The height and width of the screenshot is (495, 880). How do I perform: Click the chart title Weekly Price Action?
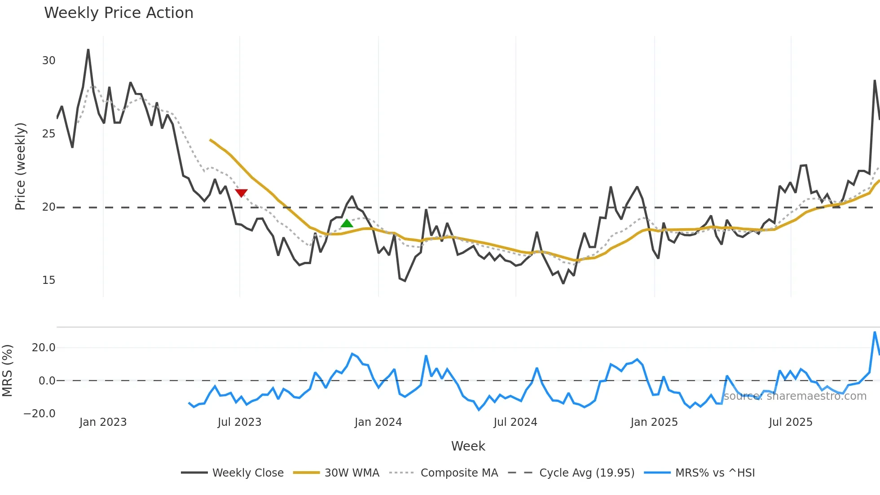click(119, 13)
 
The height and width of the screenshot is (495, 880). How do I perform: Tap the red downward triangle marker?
click(241, 193)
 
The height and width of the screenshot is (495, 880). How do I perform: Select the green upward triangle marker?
click(347, 223)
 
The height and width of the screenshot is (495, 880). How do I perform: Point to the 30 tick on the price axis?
click(48, 61)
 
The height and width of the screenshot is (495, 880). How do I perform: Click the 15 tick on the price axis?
click(48, 280)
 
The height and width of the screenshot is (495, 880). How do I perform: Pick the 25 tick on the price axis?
click(48, 134)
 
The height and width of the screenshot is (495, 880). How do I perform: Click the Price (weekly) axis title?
click(20, 166)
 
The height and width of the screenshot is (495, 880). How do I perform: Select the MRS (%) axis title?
click(7, 371)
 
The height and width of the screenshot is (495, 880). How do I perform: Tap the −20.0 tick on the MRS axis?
click(40, 414)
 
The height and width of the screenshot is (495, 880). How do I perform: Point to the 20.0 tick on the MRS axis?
click(44, 348)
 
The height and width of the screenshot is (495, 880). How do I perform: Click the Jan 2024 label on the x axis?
click(378, 422)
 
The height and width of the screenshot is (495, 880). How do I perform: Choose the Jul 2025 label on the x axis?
click(791, 422)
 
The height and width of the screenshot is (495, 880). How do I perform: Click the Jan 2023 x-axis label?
click(103, 422)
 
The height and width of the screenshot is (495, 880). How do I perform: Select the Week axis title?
click(468, 446)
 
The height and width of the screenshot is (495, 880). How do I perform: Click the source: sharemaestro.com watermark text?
click(795, 396)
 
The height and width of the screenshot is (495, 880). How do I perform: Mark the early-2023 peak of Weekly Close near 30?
click(88, 50)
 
